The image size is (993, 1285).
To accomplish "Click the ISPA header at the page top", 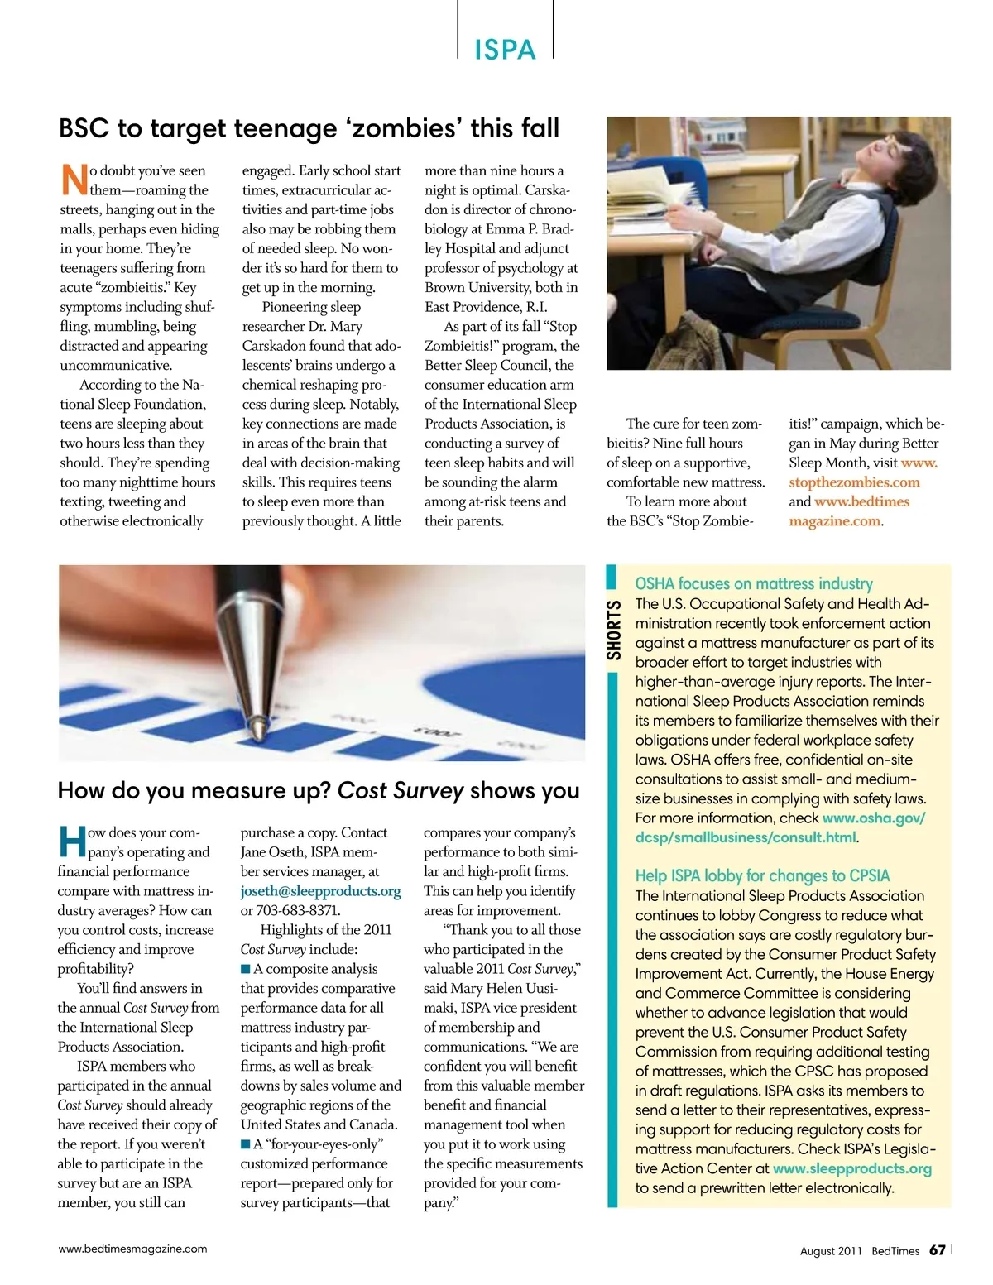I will tap(505, 50).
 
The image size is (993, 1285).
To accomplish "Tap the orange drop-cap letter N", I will tap(74, 180).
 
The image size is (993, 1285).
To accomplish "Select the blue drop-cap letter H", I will tap(72, 841).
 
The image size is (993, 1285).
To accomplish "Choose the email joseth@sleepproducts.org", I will tap(320, 891).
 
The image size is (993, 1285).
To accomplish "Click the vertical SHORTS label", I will tap(613, 631).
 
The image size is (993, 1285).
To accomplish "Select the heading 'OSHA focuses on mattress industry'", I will tap(754, 584).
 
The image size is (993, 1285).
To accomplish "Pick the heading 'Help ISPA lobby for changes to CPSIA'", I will tap(762, 875).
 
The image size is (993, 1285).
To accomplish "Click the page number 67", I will tap(937, 1249).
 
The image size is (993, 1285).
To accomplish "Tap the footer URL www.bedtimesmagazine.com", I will tap(132, 1249).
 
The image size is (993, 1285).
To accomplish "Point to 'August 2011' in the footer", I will tap(831, 1251).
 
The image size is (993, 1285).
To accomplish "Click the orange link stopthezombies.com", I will tap(854, 482).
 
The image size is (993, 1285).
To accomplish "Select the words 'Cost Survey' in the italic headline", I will tap(401, 790).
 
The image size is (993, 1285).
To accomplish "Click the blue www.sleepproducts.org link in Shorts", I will tap(851, 1168).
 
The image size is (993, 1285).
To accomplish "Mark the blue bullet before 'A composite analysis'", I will tap(246, 969).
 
